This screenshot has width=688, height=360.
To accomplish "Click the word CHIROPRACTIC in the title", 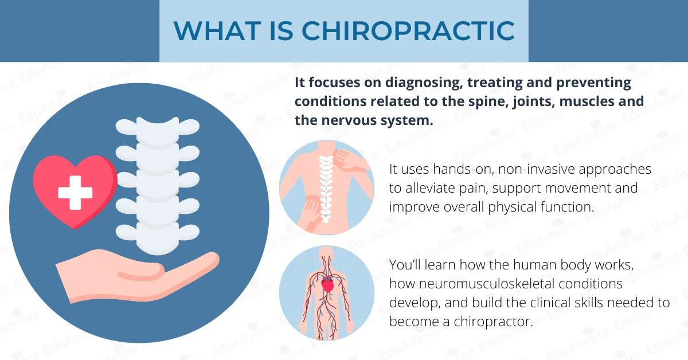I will [408, 30].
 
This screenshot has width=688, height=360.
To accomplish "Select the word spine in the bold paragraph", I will [479, 101].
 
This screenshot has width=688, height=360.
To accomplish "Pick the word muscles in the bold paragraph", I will [574, 101].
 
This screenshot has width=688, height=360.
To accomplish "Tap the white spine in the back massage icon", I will [326, 189].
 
